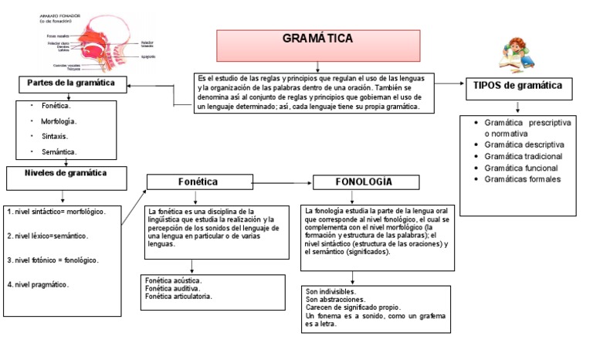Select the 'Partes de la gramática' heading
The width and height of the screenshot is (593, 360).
71,83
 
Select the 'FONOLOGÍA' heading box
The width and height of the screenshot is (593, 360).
364,182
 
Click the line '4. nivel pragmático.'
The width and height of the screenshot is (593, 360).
39,284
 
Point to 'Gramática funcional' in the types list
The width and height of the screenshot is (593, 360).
522,168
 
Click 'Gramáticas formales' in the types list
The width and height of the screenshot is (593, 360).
522,179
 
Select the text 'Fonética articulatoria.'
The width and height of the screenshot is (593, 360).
178,296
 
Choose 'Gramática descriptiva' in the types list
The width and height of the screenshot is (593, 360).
524,144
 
